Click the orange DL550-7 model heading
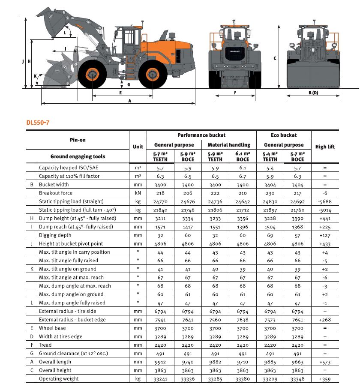(39, 122)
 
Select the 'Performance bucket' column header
(201, 135)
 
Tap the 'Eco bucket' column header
(284, 135)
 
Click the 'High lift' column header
(325, 147)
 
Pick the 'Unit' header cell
(138, 147)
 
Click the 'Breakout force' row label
(56, 193)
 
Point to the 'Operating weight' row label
(59, 379)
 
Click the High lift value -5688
(325, 201)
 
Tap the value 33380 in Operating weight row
(243, 379)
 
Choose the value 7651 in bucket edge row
(297, 320)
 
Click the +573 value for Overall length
(325, 362)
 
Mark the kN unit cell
(138, 193)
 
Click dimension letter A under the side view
(129, 101)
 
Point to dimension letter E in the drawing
(121, 92)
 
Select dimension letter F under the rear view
(235, 92)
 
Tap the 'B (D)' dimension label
(313, 93)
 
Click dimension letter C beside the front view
(275, 58)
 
